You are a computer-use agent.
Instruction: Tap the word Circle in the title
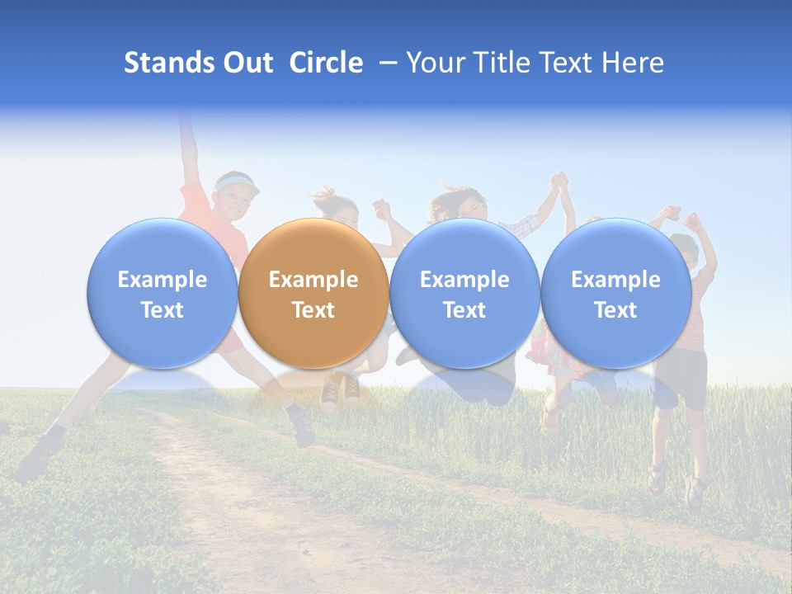click(x=326, y=63)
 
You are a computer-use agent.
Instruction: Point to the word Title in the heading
click(x=503, y=63)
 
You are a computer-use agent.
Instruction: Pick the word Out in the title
click(x=248, y=63)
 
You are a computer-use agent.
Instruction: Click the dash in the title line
click(x=384, y=63)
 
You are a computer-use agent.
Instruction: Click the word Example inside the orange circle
click(x=313, y=280)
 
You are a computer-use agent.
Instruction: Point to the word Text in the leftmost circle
click(x=162, y=310)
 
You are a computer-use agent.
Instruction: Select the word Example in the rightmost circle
click(x=615, y=280)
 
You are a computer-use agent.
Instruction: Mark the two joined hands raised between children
click(x=561, y=181)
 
